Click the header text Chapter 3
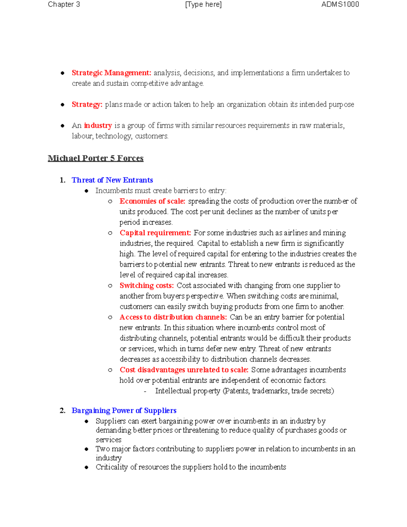coord(64,4)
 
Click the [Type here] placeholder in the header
coord(203,4)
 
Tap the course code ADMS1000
coord(340,4)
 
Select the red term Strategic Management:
coord(111,73)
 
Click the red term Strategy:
coord(87,105)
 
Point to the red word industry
coord(98,126)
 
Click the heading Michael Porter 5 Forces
coord(96,158)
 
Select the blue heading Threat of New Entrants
coord(112,180)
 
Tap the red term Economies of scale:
coord(152,201)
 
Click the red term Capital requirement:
coord(155,233)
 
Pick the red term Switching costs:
coord(147,285)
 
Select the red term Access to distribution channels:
coord(173,317)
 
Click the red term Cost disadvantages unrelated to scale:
coord(184,370)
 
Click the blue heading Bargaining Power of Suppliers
coord(124,411)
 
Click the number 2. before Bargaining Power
coord(62,411)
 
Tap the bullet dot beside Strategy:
coord(62,105)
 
